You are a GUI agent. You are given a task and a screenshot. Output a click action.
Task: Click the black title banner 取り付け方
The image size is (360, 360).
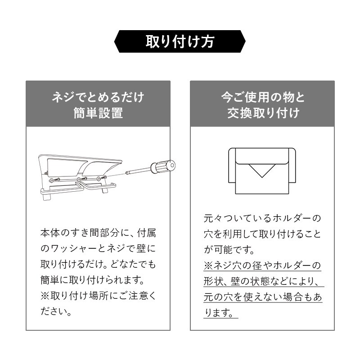(x=180, y=41)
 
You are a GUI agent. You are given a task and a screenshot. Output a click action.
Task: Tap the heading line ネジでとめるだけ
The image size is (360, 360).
(x=98, y=97)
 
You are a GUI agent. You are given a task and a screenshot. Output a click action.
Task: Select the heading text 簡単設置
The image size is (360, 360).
(x=98, y=113)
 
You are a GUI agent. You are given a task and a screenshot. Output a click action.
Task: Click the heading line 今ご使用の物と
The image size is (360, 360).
(x=263, y=97)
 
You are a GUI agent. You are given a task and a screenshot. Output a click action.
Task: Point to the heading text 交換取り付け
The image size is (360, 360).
(x=263, y=113)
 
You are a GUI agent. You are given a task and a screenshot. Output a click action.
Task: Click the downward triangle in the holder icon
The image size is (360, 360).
(x=262, y=171)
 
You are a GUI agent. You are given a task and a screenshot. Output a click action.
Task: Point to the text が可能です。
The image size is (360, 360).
(x=229, y=250)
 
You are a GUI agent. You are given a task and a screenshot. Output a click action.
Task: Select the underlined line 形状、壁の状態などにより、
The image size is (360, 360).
(x=262, y=281)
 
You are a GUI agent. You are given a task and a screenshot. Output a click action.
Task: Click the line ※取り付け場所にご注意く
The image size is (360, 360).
(x=98, y=296)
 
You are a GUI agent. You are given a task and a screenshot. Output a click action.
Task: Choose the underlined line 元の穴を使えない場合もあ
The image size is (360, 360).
(x=263, y=297)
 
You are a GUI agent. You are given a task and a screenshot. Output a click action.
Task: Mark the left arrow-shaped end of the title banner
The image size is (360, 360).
(x=117, y=41)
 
